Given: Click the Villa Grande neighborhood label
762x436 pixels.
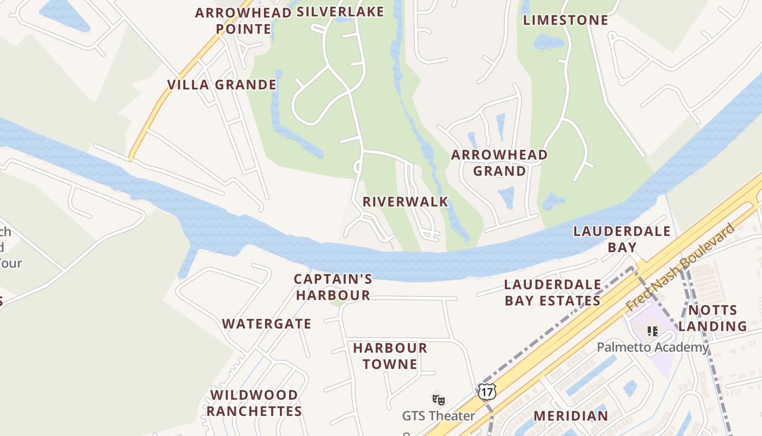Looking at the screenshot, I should tap(222, 85).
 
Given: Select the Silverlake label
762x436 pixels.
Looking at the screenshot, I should tap(340, 12).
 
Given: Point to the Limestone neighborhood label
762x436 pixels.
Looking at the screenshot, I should tap(566, 21).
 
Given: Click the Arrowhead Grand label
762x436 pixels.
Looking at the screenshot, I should tap(499, 163).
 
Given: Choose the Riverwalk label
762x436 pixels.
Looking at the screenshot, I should tap(405, 202).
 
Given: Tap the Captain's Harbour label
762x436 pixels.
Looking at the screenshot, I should tap(333, 287).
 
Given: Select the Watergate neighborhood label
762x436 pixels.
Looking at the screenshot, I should tap(267, 324).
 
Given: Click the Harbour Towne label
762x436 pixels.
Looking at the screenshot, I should tap(390, 356).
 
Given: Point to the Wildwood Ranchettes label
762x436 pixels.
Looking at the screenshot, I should tap(254, 403).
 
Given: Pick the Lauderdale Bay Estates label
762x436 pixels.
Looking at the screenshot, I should tap(552, 293).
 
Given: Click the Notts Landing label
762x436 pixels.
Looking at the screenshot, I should tap(712, 318).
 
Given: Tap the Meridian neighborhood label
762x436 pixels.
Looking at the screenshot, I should tap(570, 416).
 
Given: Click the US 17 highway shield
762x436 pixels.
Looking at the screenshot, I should tap(487, 391).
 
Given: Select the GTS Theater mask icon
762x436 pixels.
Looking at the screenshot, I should tap(439, 400).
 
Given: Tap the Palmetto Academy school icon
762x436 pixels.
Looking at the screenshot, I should tap(652, 331).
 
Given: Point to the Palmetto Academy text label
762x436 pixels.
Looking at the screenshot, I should tap(653, 347).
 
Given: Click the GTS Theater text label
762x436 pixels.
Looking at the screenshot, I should tap(438, 416).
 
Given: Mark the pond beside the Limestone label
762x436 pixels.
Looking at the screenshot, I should tap(549, 41).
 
